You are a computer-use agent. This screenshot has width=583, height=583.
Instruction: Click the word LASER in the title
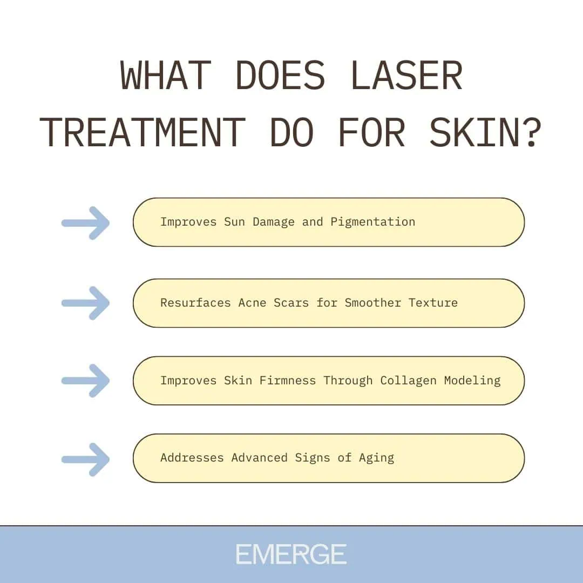coord(406,76)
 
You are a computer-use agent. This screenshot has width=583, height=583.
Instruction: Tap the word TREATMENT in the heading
coord(141,133)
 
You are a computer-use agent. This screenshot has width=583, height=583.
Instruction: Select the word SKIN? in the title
coord(485,133)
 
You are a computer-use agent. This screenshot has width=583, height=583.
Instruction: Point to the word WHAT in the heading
coord(165,76)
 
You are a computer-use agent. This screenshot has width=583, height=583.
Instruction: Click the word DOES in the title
coord(280,76)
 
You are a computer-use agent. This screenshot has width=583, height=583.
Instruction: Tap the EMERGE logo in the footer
coord(291,554)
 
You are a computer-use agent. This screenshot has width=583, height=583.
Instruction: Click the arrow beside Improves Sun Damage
coord(86,222)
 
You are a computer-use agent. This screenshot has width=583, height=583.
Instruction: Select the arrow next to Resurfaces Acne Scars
coord(86,303)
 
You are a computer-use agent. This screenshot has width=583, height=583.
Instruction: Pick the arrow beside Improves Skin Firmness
coord(86,381)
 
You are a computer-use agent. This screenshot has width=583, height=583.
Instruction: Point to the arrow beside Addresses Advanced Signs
coord(86,459)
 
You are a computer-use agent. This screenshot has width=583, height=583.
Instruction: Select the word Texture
coord(433,302)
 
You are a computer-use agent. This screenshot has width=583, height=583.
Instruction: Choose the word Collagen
coord(408,380)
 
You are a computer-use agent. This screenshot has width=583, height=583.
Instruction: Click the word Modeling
coord(472,380)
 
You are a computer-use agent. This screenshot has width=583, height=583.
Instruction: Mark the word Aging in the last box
coord(376,458)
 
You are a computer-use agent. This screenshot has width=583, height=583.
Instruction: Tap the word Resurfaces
coord(195,302)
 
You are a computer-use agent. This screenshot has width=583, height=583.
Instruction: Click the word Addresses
coord(192,458)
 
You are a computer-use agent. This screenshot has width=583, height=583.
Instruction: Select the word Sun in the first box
coord(234,222)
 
